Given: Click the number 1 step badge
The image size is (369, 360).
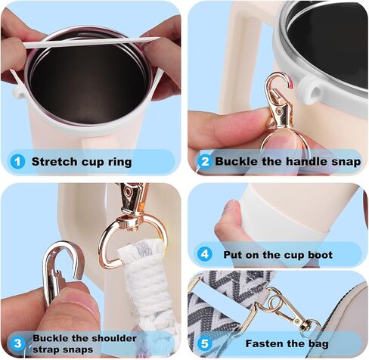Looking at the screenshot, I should [x=16, y=161].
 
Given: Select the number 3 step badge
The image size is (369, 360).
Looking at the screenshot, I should [x=17, y=343].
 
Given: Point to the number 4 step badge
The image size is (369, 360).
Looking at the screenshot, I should [x=203, y=255].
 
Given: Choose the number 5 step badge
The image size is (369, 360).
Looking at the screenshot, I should [x=203, y=342].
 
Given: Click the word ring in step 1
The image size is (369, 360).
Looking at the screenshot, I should [x=119, y=161].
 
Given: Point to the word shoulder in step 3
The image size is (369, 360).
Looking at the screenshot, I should [x=110, y=337].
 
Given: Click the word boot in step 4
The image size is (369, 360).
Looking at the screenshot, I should [x=318, y=255].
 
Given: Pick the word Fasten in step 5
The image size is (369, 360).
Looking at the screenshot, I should [x=265, y=342].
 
